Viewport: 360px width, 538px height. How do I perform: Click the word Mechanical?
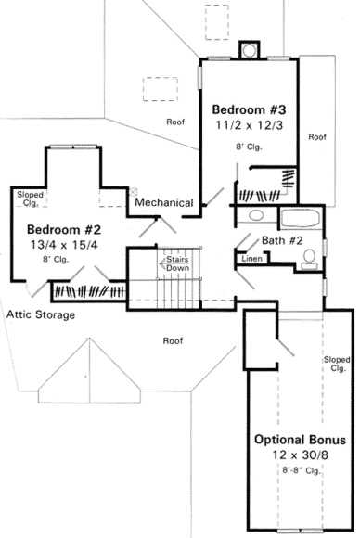[163, 202]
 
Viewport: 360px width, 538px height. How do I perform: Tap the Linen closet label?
[251, 260]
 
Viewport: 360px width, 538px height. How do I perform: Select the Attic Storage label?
[41, 314]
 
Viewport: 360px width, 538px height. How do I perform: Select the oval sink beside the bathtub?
[256, 216]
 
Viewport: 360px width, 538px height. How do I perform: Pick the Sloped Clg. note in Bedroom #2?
[25, 198]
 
